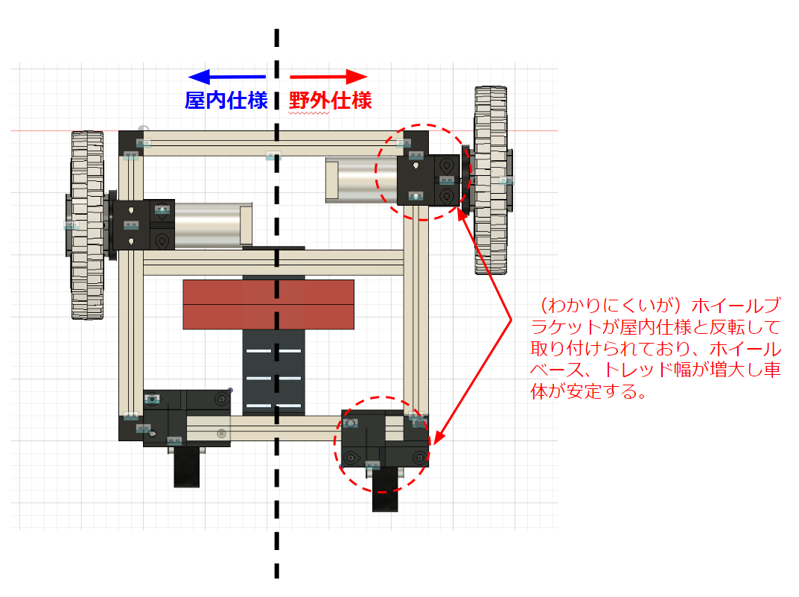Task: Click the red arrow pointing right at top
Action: tap(328, 76)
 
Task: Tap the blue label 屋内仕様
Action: tap(226, 101)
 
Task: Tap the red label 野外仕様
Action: tap(331, 101)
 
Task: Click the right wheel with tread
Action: tap(491, 179)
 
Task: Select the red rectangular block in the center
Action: tap(268, 304)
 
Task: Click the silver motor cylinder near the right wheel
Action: tap(361, 179)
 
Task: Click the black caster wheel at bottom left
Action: tap(186, 468)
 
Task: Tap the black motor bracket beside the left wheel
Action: tap(143, 224)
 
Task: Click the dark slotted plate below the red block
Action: tap(273, 373)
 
